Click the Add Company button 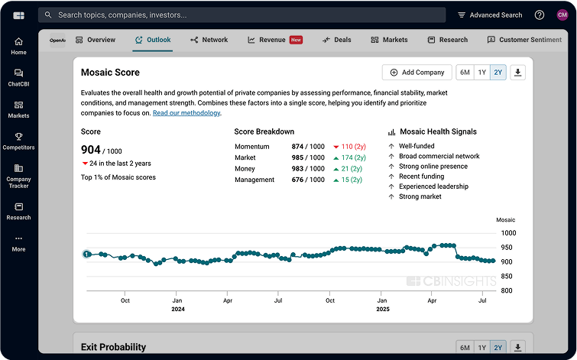[417, 73]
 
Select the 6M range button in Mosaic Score [464, 73]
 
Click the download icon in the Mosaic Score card [518, 73]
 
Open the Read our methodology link [186, 113]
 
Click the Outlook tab [153, 40]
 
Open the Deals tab [337, 40]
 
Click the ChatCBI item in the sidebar [18, 77]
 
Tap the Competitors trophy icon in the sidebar [18, 137]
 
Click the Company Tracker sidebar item [18, 176]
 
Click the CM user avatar [562, 15]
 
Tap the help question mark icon [540, 15]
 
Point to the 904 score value [90, 150]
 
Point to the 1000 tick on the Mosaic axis [508, 233]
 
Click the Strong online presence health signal [433, 167]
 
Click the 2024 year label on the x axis [177, 310]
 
